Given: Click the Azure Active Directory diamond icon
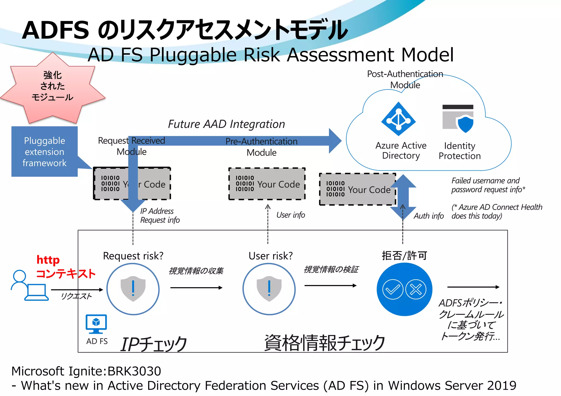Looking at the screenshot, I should click(x=399, y=119).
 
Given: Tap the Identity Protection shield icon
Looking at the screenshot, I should click(x=465, y=124).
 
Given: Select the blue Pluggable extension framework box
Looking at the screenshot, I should click(x=44, y=152).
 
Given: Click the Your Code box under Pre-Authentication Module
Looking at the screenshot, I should click(x=267, y=184).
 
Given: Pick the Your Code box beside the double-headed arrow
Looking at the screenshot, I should click(x=357, y=189).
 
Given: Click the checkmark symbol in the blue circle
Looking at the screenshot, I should click(x=393, y=289).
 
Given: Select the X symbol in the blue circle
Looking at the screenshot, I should click(x=416, y=289).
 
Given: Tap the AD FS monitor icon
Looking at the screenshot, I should click(x=96, y=324).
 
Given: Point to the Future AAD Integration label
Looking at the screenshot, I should click(x=226, y=124).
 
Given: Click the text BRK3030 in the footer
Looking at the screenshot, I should click(x=134, y=371).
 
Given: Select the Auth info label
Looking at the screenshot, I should click(x=429, y=216).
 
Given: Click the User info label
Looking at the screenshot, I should click(x=291, y=215).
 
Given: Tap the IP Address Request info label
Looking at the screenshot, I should click(x=160, y=216).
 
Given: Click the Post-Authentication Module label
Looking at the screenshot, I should click(x=405, y=79).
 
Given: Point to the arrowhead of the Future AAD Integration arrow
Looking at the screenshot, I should click(x=335, y=141).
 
